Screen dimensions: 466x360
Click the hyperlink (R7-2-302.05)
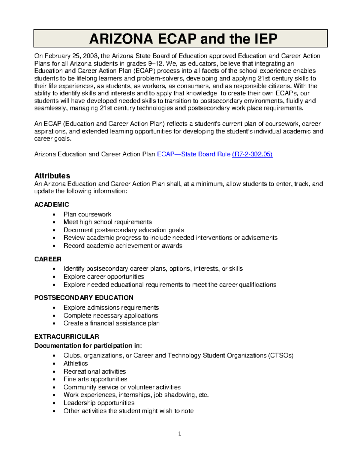252,154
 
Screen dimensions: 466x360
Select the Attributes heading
52,176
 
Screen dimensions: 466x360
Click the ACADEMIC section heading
52,205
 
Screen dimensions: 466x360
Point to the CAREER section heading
48,259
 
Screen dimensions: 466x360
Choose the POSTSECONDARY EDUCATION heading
84,298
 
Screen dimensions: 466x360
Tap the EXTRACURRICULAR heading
67,337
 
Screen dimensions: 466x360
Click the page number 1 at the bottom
179,434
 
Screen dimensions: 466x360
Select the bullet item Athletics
76,363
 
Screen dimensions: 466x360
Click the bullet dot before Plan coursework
54,215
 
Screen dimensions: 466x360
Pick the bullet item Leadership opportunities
99,403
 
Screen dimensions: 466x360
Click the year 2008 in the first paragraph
90,56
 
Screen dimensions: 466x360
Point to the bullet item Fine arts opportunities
95,379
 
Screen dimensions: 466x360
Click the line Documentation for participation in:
88,346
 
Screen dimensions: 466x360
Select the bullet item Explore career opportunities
103,277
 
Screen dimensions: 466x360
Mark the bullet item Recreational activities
94,371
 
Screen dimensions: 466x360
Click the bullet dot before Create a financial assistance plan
54,324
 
